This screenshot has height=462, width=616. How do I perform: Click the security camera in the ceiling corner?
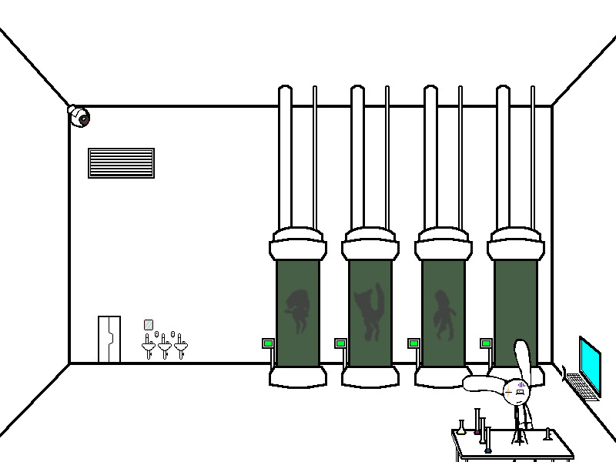[x=79, y=116]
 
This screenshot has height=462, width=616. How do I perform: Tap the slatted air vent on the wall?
[x=121, y=163]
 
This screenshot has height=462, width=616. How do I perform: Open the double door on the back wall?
[x=109, y=339]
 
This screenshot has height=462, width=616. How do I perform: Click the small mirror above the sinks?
[x=149, y=325]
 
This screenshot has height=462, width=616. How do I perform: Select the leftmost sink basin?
[x=149, y=348]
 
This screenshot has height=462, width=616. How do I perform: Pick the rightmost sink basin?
[x=181, y=348]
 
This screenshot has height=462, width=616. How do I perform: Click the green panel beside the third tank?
[x=413, y=343]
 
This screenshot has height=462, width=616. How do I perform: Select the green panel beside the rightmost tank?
[x=486, y=343]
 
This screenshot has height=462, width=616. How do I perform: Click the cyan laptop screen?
[x=590, y=362]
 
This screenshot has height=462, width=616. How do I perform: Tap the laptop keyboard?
[x=583, y=387]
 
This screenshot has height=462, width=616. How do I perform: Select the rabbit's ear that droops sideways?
[x=482, y=383]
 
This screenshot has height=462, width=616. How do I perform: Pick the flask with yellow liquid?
[x=461, y=429]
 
